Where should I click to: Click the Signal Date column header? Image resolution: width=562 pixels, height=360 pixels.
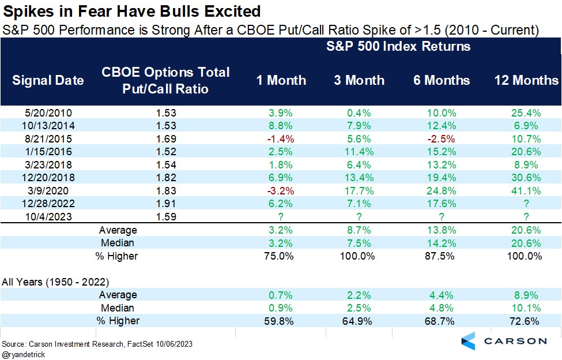48,80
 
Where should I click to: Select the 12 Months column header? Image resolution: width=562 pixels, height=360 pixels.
527,80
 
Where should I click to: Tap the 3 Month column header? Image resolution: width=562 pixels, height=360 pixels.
359,80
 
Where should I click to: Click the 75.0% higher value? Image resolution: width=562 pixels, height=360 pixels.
281,256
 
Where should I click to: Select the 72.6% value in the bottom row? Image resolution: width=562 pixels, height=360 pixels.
527,321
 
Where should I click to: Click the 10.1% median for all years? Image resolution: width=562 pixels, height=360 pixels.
527,307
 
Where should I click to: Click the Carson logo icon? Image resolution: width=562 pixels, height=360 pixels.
469,341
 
